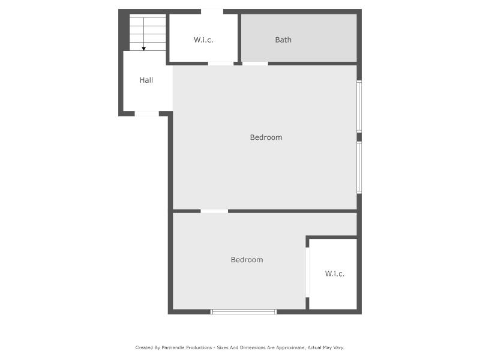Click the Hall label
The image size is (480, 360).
pos(146,80)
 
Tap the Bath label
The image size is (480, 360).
pos(283,40)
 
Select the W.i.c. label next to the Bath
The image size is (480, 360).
pos(203,40)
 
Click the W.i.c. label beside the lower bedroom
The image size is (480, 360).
pos(335,274)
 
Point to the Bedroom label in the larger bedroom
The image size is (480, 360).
pos(266,137)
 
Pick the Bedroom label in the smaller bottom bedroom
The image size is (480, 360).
pos(247,260)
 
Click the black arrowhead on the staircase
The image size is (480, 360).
pos(143,49)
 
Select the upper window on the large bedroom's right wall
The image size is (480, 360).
pos(359,107)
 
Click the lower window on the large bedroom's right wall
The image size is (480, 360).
pos(359,167)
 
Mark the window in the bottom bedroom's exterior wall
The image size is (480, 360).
pos(244,311)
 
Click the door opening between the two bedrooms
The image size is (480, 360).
pos(214,211)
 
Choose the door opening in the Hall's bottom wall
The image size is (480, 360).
pos(146,114)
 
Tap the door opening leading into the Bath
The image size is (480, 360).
pos(255,64)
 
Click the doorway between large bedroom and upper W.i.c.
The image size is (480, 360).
pos(221,64)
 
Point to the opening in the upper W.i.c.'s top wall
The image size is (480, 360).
pos(212,11)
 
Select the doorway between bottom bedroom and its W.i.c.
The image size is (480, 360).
pos(307,272)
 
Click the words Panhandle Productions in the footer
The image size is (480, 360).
pos(187,347)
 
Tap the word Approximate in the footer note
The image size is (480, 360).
pos(290,347)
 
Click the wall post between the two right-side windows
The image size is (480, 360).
pos(359,137)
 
